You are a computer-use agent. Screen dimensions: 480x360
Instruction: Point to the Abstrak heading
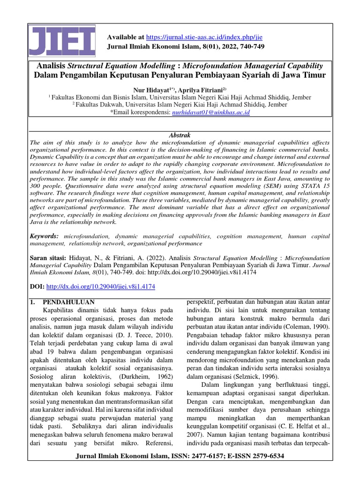point(180,135)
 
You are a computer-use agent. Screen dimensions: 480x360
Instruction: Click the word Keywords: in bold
point(45,236)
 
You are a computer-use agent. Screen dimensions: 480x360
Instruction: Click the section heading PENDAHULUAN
point(68,301)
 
